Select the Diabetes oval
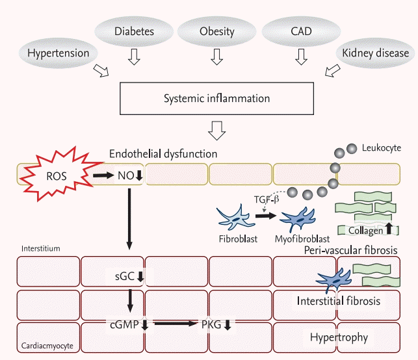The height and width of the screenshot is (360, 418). (134, 31)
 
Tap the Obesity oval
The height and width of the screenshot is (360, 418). (216, 31)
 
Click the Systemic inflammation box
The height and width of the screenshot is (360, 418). (216, 99)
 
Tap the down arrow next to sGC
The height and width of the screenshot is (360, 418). (140, 276)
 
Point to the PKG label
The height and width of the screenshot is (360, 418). (209, 323)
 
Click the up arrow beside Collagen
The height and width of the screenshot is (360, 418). (389, 228)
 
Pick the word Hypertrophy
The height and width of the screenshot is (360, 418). (339, 337)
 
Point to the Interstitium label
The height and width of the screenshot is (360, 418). (40, 248)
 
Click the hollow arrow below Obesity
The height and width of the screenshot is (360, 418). (216, 58)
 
